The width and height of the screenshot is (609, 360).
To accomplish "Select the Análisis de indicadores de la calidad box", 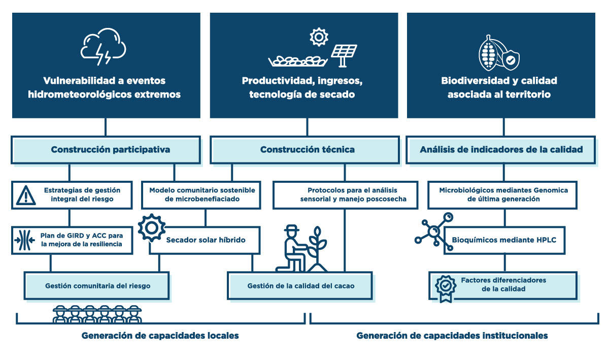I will [501, 150].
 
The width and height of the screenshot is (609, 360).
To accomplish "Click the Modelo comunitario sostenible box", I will [202, 194].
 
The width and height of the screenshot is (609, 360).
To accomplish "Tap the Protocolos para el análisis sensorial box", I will [345, 194].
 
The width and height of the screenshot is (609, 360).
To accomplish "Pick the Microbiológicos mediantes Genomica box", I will [504, 194].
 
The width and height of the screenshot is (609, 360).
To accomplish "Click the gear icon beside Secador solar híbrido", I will [151, 228].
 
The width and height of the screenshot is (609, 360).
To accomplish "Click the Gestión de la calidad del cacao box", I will [300, 286].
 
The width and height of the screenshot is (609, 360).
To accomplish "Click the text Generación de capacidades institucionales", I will [452, 336].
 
